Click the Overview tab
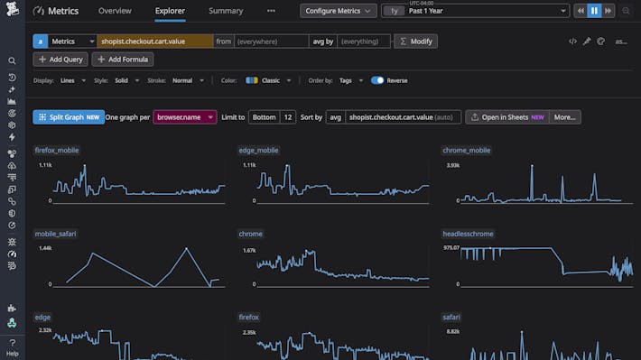115,11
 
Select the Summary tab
225,11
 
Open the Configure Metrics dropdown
339,11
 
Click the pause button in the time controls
594,11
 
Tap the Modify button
416,42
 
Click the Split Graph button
68,117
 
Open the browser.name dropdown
185,117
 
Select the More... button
565,117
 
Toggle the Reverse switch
377,80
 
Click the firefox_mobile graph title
57,150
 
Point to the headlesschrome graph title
468,234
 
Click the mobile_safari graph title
55,234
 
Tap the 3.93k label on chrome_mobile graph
453,166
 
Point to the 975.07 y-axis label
451,247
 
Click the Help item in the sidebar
12,347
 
